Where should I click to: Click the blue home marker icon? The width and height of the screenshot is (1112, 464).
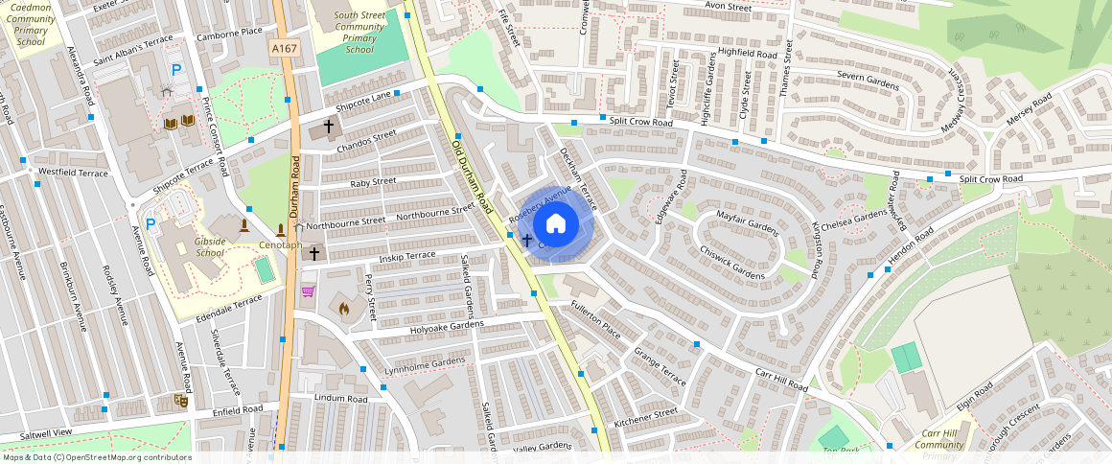555,224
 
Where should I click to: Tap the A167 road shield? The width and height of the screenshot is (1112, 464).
282,49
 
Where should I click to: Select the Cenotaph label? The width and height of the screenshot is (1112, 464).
280,245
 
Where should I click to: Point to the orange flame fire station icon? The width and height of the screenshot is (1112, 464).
344,310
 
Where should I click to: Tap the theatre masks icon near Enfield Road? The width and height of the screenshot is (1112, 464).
180,400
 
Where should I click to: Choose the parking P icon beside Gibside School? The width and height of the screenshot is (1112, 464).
151,223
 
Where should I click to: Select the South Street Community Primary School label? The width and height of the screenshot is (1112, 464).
359,33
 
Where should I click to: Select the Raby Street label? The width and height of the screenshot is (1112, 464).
373,181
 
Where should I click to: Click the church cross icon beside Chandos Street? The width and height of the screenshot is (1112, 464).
329,126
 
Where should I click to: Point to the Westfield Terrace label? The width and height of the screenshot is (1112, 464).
73,174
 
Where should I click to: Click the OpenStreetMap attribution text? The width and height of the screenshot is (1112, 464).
97,457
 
